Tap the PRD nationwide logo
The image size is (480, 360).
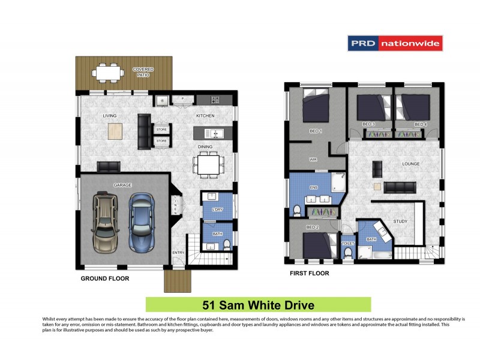coord(394,43)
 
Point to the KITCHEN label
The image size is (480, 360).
coord(205,116)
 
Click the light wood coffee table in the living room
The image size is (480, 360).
coord(116,131)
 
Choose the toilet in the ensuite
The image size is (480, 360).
coord(297,209)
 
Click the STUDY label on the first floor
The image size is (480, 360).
coord(400,221)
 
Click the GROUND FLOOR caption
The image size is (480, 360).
coord(105,278)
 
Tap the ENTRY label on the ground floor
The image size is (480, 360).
coord(179,253)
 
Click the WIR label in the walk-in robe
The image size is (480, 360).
coord(313,160)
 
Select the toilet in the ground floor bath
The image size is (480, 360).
coord(226,243)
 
